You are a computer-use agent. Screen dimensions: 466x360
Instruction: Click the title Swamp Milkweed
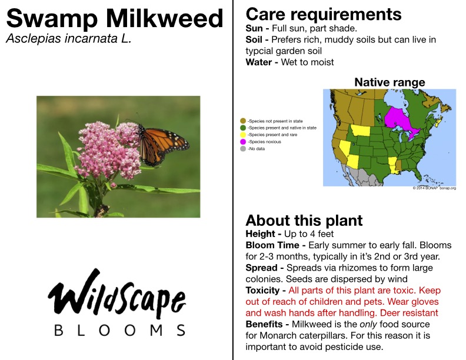114,18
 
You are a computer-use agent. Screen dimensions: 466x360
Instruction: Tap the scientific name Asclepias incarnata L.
69,39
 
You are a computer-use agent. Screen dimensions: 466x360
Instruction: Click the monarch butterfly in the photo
162,144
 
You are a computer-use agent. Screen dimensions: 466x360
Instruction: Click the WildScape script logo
117,292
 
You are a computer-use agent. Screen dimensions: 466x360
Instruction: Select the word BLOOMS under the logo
120,331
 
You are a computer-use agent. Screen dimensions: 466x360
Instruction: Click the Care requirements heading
324,14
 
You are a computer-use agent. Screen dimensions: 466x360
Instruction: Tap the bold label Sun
254,28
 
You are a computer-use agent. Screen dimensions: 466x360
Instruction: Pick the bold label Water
258,62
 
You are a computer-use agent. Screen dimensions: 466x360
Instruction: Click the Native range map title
390,82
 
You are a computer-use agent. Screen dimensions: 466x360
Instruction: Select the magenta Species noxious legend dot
243,142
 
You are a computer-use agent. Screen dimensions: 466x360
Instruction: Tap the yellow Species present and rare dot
243,135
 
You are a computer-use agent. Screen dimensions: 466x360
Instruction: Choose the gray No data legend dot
243,148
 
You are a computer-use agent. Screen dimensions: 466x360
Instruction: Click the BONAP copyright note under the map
434,188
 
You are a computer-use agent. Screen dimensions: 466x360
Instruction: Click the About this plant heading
304,221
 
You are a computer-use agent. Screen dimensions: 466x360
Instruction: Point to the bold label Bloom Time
272,245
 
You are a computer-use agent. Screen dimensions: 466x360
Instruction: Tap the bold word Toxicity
263,291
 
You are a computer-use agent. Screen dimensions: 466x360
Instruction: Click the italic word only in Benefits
368,324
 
